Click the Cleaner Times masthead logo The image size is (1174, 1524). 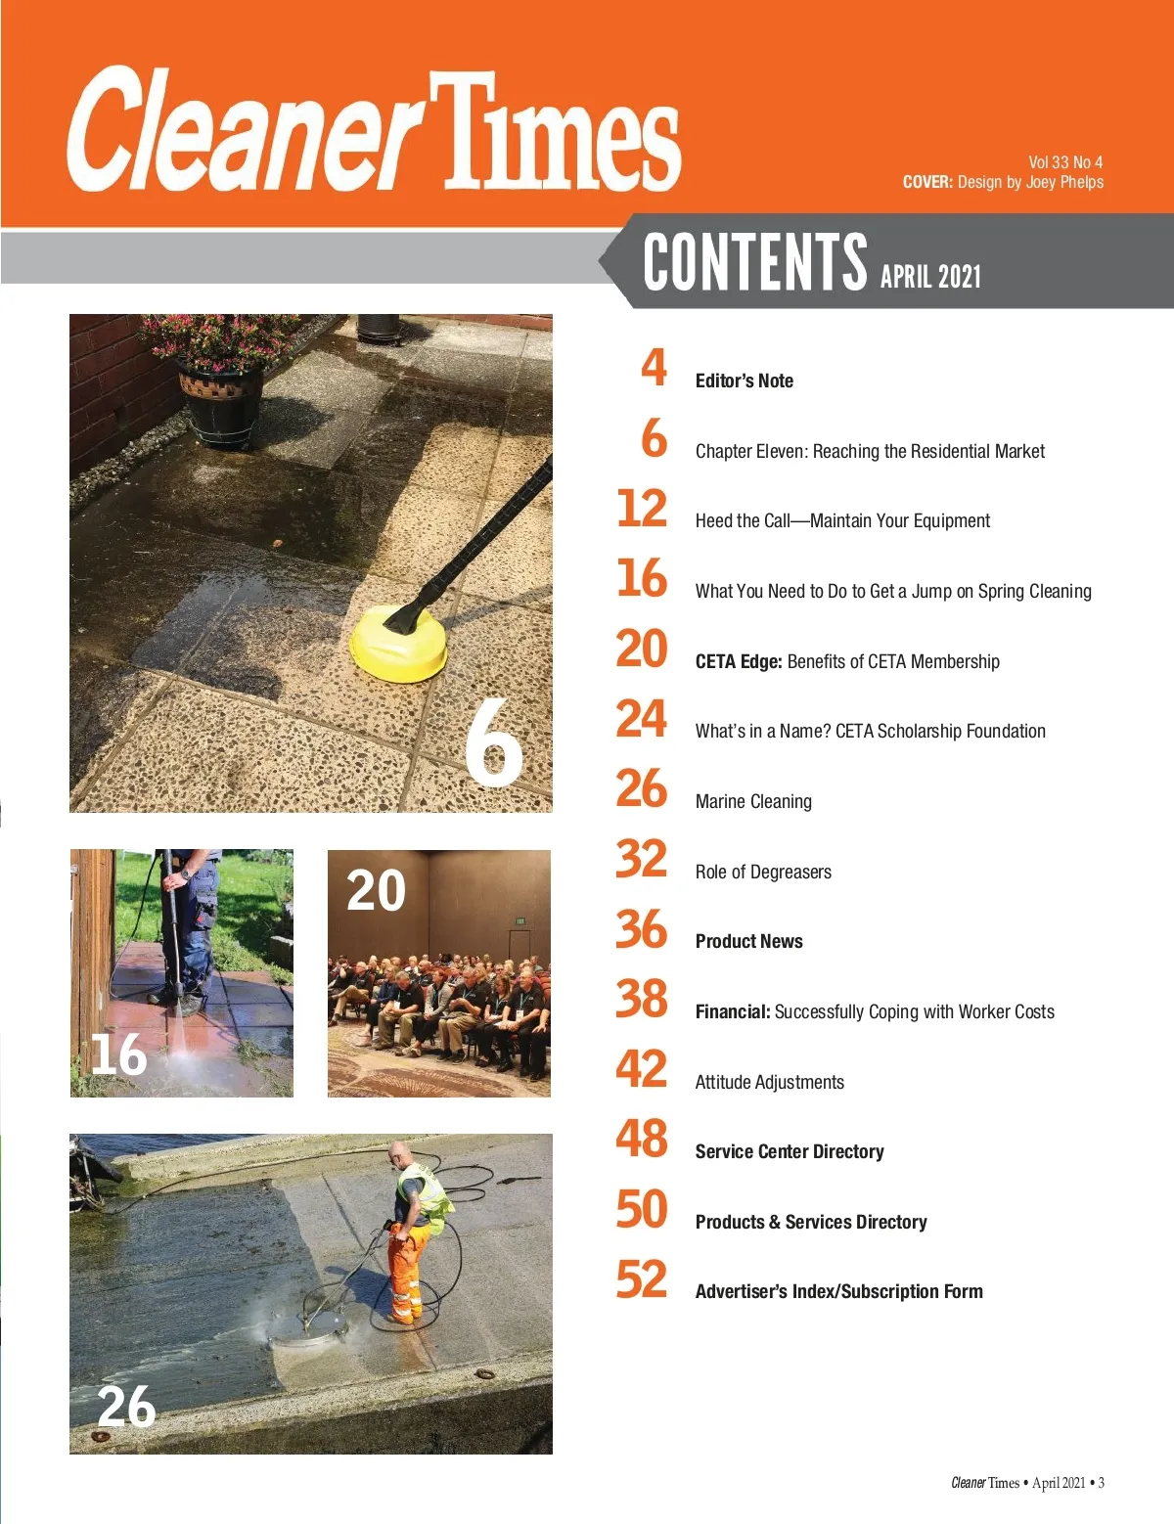374,131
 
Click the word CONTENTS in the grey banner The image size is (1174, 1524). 754,262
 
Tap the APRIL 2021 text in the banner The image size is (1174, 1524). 930,277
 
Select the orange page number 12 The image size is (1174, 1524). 642,509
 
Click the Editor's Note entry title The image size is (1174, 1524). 744,381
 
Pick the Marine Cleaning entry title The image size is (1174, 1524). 753,802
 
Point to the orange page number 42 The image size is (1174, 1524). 642,1068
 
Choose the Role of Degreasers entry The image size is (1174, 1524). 763,873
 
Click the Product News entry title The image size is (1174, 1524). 748,942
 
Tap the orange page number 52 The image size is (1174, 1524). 642,1278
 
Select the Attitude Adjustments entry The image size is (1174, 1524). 769,1083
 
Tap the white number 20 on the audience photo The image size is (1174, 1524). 376,890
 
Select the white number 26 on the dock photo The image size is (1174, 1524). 126,1407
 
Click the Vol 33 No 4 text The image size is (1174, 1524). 1065,162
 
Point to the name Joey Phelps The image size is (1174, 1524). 1064,182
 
